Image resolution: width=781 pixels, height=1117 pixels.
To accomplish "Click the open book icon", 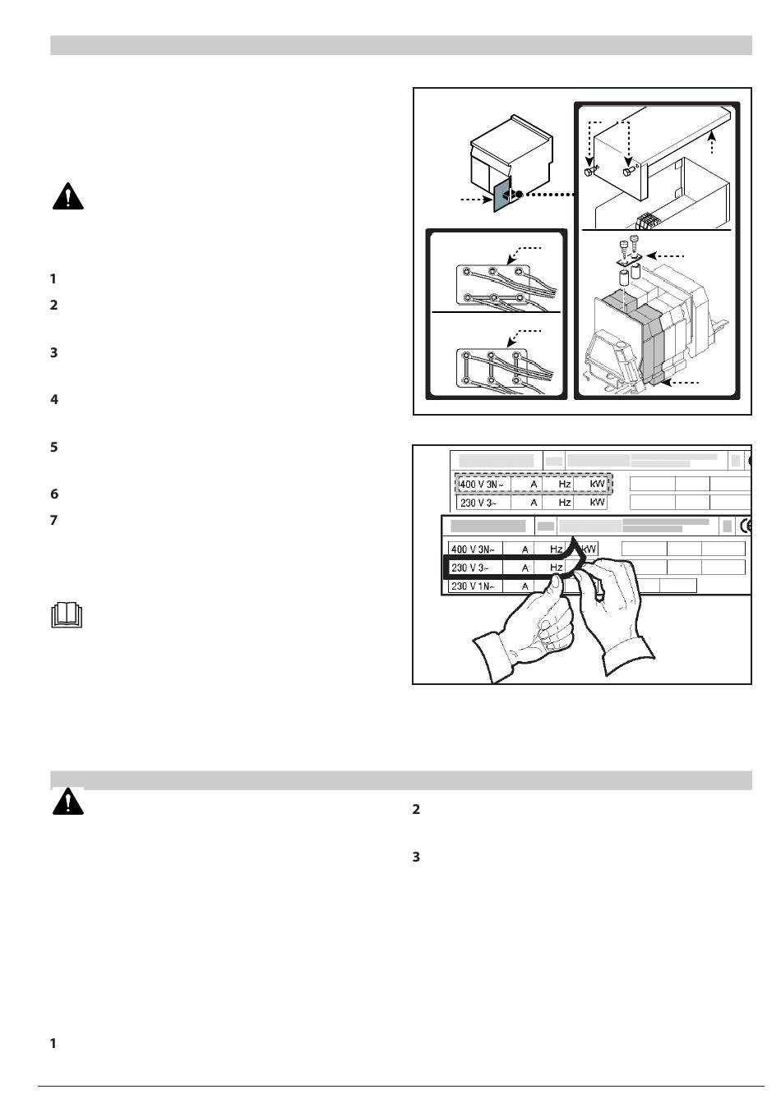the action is click(x=67, y=615).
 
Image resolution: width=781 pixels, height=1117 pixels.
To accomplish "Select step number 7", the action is click(x=54, y=520).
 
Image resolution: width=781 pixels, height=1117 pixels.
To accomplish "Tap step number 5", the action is click(x=54, y=447).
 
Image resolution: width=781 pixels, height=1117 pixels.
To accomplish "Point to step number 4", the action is click(x=54, y=399).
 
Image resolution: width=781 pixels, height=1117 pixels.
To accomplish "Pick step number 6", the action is click(x=54, y=494).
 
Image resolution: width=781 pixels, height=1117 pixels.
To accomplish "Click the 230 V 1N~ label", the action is click(x=470, y=586).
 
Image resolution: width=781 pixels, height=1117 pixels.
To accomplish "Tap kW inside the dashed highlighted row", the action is click(x=597, y=483).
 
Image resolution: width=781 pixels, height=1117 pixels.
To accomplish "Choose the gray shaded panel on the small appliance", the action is click(x=502, y=195).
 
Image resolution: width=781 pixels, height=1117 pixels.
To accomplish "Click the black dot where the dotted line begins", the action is click(x=519, y=194).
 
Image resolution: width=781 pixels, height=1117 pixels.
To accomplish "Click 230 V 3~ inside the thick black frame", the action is click(x=469, y=568).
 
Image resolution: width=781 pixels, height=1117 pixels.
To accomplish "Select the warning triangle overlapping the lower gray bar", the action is click(x=68, y=802).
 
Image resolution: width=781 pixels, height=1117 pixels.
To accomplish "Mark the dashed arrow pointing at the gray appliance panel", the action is click(x=475, y=200).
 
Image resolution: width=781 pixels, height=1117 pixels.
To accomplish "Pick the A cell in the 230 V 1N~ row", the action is click(x=525, y=586).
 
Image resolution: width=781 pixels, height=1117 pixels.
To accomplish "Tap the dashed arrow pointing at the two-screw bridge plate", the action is click(x=665, y=255).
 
